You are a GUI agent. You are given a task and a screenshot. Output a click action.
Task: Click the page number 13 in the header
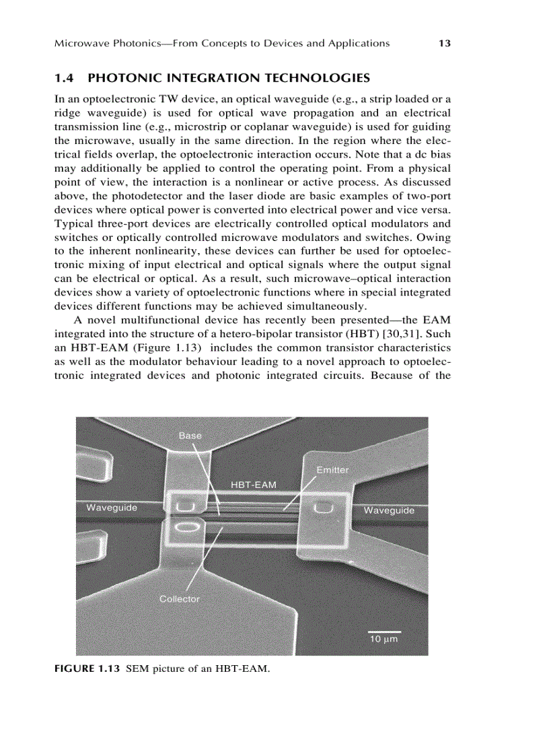[443, 43]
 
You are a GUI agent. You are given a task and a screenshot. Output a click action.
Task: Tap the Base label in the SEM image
[190, 436]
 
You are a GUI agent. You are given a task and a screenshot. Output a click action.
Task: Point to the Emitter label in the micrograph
[332, 470]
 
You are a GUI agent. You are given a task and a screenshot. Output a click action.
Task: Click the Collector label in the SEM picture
[179, 598]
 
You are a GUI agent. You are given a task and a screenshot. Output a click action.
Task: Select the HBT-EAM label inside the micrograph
[253, 484]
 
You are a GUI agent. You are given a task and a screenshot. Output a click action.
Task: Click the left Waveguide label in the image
[112, 508]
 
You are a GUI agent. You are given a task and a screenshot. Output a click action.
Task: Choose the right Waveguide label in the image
[389, 510]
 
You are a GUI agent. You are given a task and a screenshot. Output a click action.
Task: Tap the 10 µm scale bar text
[383, 638]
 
